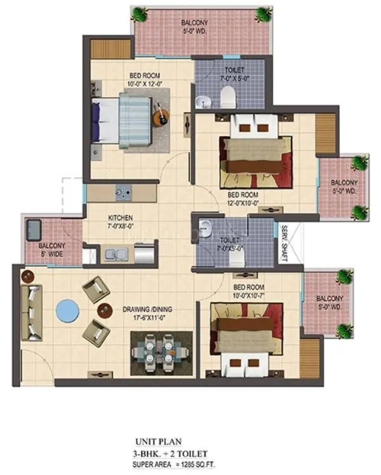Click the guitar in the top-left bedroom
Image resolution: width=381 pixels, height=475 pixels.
pyautogui.click(x=161, y=116)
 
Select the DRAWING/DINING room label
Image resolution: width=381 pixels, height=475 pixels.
pyautogui.click(x=147, y=314)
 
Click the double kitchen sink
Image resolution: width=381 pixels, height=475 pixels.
pyautogui.click(x=115, y=255)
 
